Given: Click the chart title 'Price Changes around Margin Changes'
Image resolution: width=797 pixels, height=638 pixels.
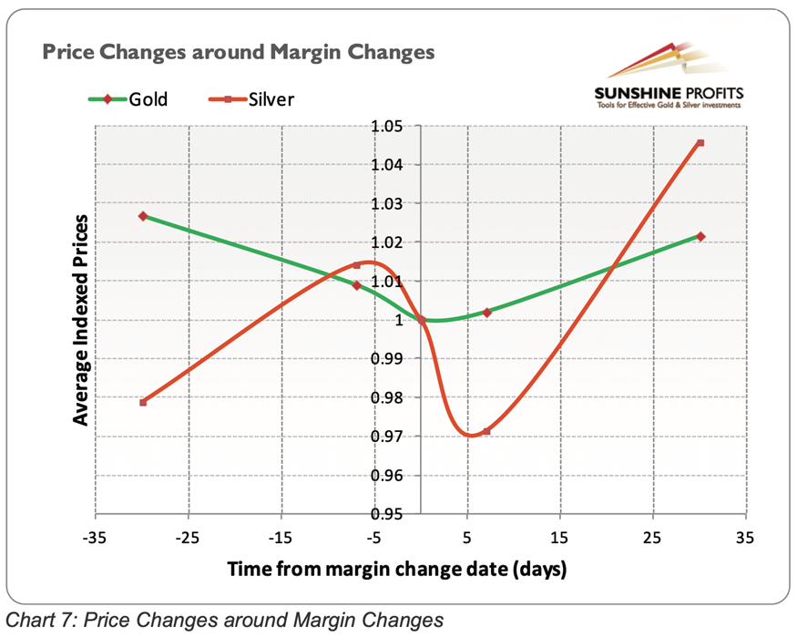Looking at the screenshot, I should tap(238, 52).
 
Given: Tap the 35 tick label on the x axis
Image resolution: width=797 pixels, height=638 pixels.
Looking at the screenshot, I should tap(745, 538).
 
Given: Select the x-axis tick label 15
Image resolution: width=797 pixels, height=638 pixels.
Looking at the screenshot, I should tap(560, 538).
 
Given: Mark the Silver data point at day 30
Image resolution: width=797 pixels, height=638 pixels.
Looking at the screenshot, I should tap(700, 143).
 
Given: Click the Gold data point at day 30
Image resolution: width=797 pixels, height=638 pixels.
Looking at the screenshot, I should tap(700, 237).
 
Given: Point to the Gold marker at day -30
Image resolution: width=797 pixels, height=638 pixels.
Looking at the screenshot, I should tap(143, 216).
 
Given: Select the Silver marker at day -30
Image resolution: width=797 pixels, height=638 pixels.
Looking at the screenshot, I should tap(143, 402).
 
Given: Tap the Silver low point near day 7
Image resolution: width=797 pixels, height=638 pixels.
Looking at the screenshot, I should tap(486, 431).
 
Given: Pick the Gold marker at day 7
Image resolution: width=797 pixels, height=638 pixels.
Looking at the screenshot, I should tap(486, 313).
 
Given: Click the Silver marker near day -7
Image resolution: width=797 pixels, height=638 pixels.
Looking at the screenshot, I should tap(356, 266).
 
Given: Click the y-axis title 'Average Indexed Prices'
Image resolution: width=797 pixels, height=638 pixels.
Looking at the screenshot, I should tap(81, 319).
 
